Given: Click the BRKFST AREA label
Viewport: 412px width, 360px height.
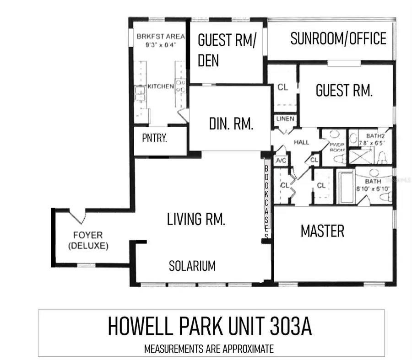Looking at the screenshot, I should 158,37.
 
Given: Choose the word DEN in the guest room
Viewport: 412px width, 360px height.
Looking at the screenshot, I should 209,61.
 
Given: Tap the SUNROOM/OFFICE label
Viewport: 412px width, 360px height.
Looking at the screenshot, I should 338,39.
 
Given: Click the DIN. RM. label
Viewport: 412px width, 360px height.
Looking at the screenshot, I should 231,124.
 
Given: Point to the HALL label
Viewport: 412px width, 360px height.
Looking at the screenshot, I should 301,142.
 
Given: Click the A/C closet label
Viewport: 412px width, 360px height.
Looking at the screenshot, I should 280,161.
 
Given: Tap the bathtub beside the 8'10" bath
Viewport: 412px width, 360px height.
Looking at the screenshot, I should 346,188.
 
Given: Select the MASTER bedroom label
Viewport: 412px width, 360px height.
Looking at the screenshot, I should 322,231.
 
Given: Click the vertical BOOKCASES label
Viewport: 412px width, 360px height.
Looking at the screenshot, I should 266,201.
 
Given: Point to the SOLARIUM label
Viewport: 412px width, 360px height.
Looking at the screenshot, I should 192,266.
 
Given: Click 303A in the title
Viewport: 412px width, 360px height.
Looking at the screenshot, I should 288,327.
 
